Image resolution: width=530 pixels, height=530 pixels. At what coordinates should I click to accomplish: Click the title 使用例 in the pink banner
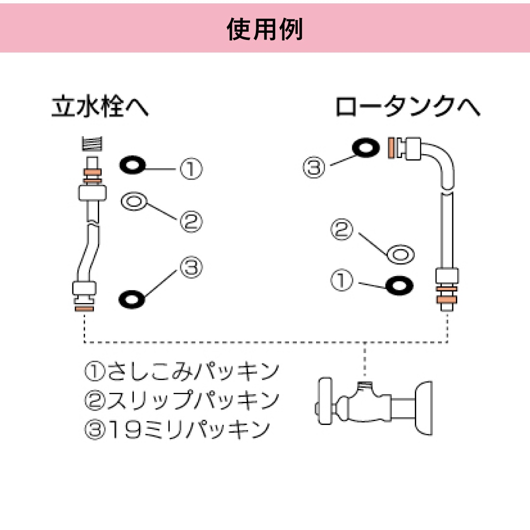tap(265, 29)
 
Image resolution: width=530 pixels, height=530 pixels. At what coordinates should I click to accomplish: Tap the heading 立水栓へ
tap(100, 106)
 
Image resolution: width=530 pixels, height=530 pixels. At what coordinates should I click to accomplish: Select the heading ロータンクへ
tap(407, 106)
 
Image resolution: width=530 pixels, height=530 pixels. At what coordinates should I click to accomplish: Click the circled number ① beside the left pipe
tap(191, 169)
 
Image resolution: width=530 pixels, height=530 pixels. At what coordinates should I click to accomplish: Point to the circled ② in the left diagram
tap(191, 222)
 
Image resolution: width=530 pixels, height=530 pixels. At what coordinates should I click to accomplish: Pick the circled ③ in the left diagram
tap(191, 267)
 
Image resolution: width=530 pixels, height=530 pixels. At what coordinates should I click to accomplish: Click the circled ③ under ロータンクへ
tap(314, 168)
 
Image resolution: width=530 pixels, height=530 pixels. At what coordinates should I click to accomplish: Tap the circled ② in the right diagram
tap(342, 229)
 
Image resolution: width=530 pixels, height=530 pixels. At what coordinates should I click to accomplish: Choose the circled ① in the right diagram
tap(342, 280)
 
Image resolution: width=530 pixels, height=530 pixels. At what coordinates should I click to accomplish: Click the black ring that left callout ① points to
tap(132, 166)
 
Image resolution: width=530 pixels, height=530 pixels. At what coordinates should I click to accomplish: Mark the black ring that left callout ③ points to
tap(132, 299)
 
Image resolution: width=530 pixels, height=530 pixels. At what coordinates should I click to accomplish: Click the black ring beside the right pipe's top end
tap(365, 147)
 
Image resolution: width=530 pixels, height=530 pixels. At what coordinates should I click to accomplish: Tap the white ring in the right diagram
tap(400, 253)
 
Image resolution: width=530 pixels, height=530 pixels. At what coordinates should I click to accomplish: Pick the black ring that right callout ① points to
tap(399, 285)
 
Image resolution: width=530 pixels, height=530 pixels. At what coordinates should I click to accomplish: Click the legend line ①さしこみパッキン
tap(182, 371)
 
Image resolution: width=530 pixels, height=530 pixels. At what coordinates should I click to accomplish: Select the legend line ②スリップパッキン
tap(182, 400)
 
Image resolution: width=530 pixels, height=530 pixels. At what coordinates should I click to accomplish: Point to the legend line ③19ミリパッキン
tap(177, 429)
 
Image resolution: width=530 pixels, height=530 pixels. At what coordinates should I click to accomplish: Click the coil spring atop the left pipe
tap(92, 144)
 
